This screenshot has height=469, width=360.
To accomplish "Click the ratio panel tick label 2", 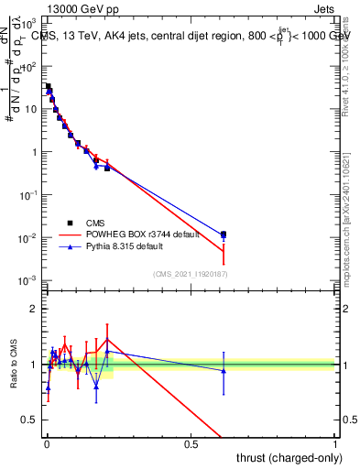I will [x=34, y=309].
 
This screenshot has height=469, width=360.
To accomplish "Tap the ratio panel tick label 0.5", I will [x=29, y=421].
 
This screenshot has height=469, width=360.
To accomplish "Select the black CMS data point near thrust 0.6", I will [x=224, y=234].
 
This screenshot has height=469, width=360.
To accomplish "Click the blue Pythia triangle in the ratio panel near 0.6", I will [x=224, y=370].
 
